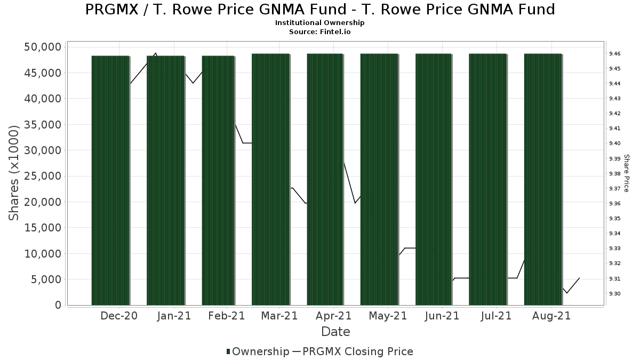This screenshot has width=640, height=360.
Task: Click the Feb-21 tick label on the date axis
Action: (x=226, y=316)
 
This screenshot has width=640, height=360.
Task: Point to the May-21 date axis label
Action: (x=388, y=316)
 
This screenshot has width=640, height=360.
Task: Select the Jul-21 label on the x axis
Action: (x=496, y=316)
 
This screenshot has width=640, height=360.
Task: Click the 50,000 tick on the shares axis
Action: (x=43, y=47)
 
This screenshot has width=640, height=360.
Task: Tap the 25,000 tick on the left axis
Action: (x=43, y=177)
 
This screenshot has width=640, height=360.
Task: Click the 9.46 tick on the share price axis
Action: (x=614, y=54)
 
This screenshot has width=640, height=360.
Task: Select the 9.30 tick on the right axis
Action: (x=614, y=294)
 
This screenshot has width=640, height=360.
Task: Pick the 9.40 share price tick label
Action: (x=614, y=143)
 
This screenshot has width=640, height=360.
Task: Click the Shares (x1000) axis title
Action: (x=14, y=173)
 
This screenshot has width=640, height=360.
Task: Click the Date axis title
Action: (x=335, y=332)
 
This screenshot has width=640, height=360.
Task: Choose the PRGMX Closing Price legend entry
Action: (x=357, y=351)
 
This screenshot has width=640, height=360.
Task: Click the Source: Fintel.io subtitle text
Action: (x=320, y=31)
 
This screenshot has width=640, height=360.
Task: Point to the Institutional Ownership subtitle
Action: (x=320, y=23)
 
